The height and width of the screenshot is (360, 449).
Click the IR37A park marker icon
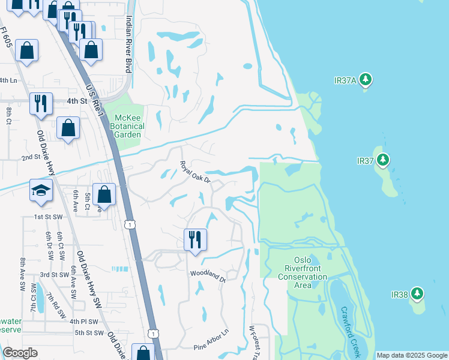point(366,80)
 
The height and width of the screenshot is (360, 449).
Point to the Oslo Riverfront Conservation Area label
point(303,273)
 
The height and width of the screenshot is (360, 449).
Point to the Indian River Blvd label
point(128,44)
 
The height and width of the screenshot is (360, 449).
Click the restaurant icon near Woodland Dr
point(195,239)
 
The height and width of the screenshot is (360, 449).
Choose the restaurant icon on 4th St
point(41,103)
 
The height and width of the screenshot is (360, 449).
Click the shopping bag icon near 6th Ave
point(104,194)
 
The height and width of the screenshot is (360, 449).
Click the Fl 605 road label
point(7,36)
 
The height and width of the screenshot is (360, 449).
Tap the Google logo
point(20,353)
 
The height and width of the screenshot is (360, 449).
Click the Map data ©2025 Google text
point(412,355)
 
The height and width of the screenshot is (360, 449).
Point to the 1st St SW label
point(49,216)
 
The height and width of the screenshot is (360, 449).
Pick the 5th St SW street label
point(89,332)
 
